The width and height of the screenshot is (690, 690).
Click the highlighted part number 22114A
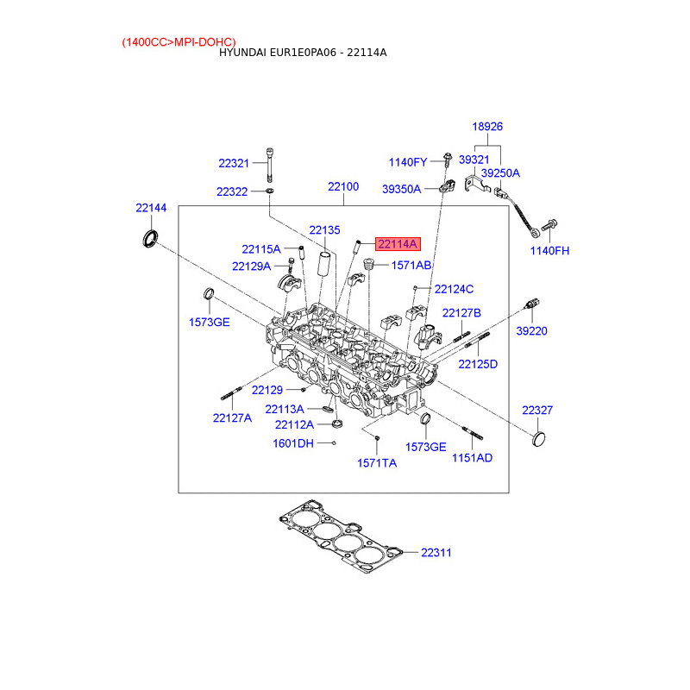pyautogui.click(x=398, y=244)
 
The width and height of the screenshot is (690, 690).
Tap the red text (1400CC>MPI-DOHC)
pyautogui.click(x=179, y=42)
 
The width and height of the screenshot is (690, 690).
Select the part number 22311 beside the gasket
pyautogui.click(x=436, y=553)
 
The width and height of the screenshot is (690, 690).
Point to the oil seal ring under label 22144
pyautogui.click(x=150, y=238)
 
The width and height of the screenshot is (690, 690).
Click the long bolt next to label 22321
pyautogui.click(x=269, y=165)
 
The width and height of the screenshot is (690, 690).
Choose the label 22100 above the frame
pyautogui.click(x=343, y=186)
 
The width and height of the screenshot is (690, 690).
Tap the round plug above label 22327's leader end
pyautogui.click(x=538, y=439)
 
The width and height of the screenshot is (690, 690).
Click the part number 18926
pyautogui.click(x=487, y=127)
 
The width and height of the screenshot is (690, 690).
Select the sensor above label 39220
pyautogui.click(x=532, y=304)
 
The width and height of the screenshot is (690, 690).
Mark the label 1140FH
pyautogui.click(x=549, y=251)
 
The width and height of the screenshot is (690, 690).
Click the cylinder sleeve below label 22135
pyautogui.click(x=325, y=264)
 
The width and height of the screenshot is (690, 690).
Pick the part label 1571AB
pyautogui.click(x=411, y=266)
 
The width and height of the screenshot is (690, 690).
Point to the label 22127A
pyautogui.click(x=232, y=418)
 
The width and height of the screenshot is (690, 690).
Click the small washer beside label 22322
pyautogui.click(x=269, y=191)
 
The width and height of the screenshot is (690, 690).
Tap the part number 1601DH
pyautogui.click(x=293, y=443)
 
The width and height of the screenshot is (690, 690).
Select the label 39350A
pyautogui.click(x=401, y=189)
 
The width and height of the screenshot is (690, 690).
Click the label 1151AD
pyautogui.click(x=472, y=458)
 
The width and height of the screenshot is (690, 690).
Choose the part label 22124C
pyautogui.click(x=455, y=289)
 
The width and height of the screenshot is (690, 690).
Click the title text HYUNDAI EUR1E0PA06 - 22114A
pyautogui.click(x=303, y=53)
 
